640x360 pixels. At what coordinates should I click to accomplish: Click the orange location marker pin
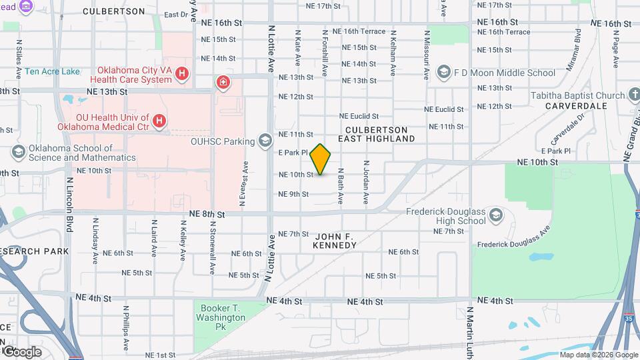(321, 159)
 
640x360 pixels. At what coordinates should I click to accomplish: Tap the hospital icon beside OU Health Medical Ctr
(159, 121)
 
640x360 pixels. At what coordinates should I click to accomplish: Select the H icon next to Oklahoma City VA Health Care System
(182, 75)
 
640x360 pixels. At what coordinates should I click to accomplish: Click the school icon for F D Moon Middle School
(443, 72)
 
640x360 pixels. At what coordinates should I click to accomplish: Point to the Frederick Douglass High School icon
(495, 215)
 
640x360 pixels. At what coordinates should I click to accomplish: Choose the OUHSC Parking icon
(266, 140)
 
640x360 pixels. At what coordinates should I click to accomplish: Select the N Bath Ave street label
(340, 185)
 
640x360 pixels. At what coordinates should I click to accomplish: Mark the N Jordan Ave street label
(366, 182)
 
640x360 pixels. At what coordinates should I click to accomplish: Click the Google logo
(22, 351)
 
